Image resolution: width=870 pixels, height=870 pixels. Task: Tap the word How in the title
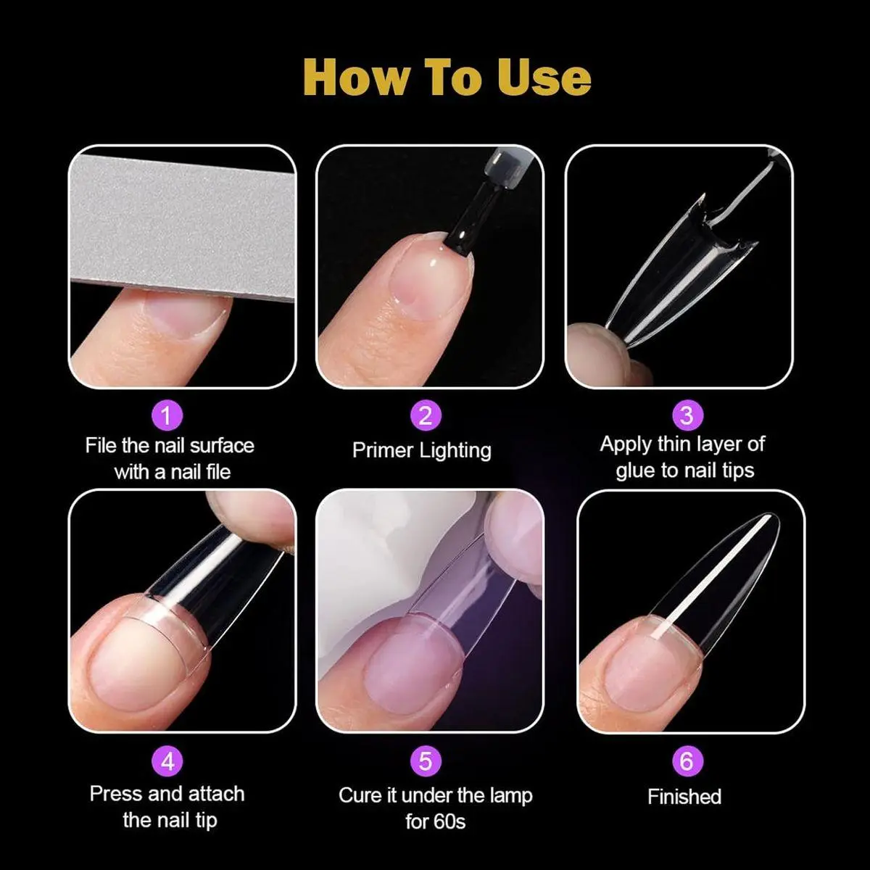354,77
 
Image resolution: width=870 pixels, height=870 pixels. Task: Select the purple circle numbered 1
167,415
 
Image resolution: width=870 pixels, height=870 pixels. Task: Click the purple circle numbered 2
426,415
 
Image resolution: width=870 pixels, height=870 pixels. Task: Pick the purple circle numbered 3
687,415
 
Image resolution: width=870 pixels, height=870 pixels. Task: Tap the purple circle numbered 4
167,761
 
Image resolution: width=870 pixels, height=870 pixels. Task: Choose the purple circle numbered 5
426,761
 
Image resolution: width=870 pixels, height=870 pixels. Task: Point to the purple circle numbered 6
687,761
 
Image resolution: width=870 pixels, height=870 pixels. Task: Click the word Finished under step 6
684,796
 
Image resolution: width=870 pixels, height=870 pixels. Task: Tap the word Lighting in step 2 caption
455,451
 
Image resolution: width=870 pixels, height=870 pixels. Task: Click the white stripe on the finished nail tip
710,578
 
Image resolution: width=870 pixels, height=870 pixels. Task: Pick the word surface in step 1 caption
222,446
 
